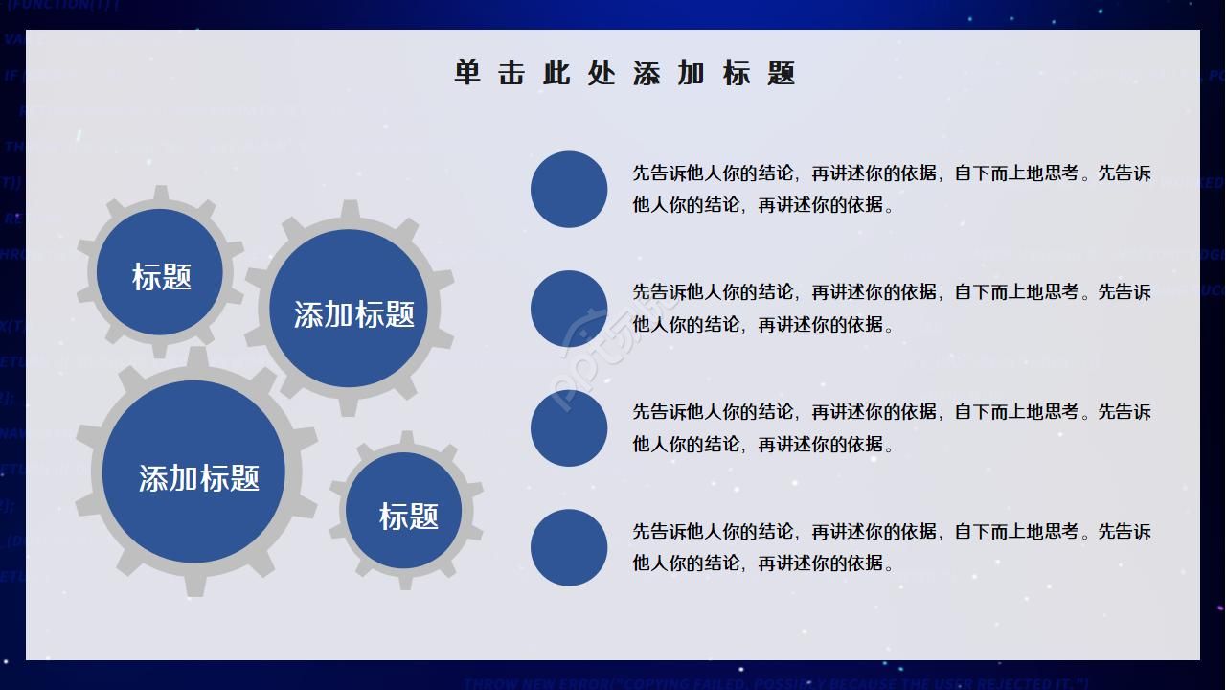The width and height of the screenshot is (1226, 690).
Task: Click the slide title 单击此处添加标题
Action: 624,73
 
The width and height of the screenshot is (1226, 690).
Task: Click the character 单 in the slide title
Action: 467,73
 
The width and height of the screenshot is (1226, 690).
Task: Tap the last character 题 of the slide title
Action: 782,73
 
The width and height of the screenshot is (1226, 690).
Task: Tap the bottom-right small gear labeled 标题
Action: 406,514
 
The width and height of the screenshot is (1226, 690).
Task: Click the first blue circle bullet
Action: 569,189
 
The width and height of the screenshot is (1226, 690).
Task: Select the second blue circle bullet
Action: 569,309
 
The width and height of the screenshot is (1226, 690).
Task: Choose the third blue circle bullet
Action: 569,428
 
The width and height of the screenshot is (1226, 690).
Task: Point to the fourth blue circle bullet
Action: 569,547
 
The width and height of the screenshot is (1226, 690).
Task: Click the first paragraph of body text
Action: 891,189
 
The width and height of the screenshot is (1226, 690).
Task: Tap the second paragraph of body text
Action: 891,308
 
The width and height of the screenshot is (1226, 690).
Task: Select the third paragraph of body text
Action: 891,427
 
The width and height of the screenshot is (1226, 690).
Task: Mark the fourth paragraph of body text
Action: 891,547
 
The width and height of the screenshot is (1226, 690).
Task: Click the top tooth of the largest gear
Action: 197,357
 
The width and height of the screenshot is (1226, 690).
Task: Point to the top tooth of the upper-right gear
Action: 351,211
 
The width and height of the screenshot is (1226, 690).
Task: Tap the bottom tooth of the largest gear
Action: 195,585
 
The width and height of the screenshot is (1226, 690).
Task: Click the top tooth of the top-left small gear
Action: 161,195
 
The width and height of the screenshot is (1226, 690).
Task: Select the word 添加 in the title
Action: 669,73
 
